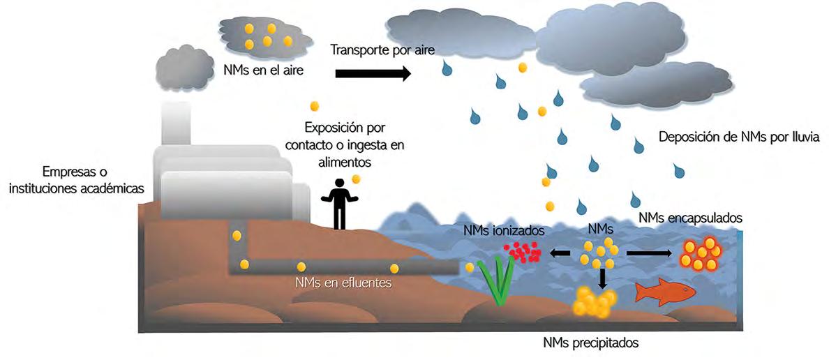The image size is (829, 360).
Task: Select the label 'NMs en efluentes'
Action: tap(343, 283)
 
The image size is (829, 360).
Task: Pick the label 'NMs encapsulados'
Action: tap(689, 218)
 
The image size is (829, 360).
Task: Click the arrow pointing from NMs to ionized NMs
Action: tap(560, 254)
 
